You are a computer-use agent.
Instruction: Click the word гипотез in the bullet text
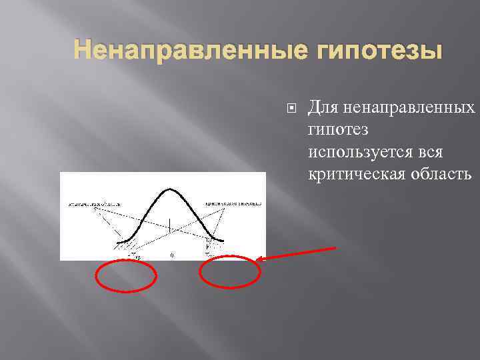[x=337, y=130]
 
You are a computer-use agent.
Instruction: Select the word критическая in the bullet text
[x=352, y=174]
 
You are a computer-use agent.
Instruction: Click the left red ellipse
[x=127, y=275]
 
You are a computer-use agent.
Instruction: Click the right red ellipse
[x=231, y=271]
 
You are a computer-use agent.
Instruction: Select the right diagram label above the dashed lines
[x=233, y=203]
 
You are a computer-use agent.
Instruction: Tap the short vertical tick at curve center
[x=170, y=225]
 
